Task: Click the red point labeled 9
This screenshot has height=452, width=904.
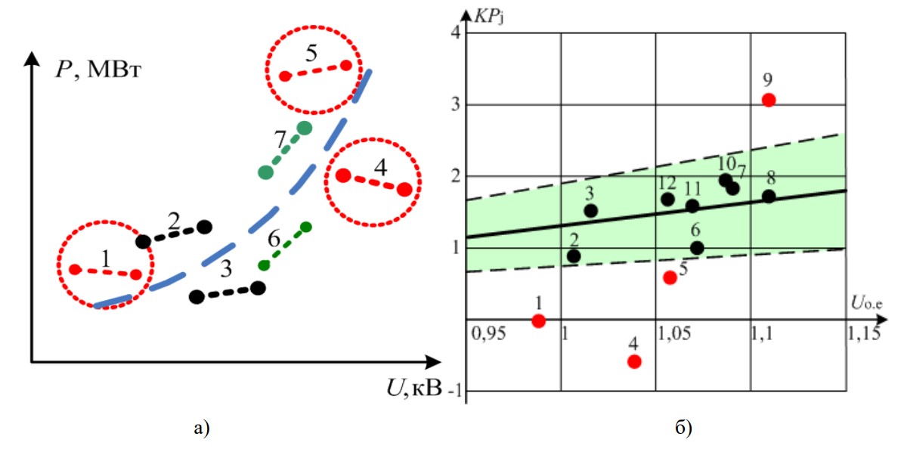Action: pos(769,100)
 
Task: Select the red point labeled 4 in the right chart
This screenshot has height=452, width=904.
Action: pos(634,361)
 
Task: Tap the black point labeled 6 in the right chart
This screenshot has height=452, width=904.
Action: pos(697,248)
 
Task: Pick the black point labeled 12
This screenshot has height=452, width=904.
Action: pos(667,200)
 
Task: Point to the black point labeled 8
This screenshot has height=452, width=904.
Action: pos(769,197)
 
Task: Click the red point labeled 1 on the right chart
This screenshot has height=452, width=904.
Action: pos(538,320)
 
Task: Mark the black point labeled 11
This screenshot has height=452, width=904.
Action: pos(692,206)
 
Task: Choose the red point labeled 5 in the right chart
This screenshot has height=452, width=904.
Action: pos(670,277)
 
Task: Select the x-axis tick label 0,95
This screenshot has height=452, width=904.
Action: pos(485,333)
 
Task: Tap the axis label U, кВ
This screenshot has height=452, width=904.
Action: pos(415,391)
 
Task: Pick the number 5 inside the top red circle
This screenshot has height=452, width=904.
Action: pos(312,54)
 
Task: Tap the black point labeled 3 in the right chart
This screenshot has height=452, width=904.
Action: pos(591,211)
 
